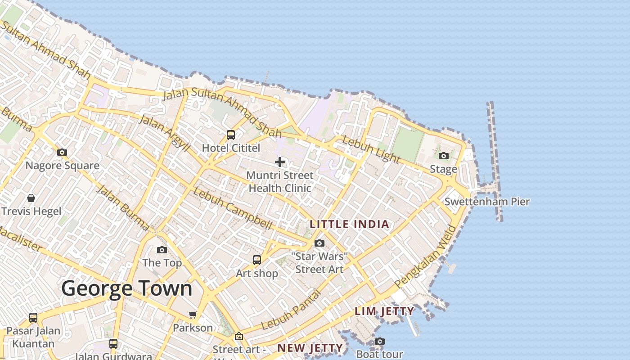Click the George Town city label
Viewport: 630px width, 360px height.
[127, 288]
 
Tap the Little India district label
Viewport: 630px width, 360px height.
[349, 224]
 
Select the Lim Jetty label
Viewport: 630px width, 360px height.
[384, 311]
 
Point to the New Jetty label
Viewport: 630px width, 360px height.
[310, 348]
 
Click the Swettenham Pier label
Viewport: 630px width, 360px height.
[487, 202]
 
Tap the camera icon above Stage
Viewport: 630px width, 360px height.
[444, 156]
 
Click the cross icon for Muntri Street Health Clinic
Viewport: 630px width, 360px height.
[280, 162]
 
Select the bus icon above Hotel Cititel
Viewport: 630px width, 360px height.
[231, 135]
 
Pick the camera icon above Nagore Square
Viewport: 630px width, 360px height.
[62, 152]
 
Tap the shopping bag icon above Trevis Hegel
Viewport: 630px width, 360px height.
[31, 198]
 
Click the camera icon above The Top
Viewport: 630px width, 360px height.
[162, 250]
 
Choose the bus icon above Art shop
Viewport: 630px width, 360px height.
[257, 260]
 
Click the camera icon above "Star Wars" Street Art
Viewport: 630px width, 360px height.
[319, 243]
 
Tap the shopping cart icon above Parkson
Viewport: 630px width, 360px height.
[193, 315]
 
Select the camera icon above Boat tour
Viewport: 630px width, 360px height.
[380, 341]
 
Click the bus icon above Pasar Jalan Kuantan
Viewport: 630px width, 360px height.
[33, 317]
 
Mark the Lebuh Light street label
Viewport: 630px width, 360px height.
[371, 149]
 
